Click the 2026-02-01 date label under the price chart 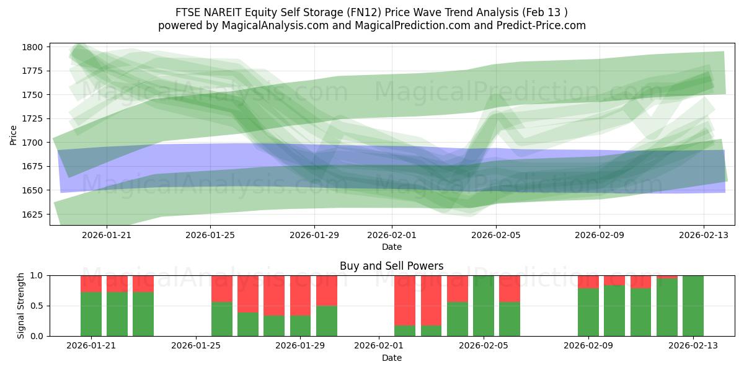coord(392,236)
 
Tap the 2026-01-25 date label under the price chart coord(210,236)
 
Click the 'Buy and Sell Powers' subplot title coord(391,266)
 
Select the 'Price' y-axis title coord(14,134)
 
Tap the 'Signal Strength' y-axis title coord(21,305)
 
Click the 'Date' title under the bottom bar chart coord(391,358)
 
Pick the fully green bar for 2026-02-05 coord(484,306)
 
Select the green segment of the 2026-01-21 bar coord(91,314)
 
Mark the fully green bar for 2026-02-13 coord(693,306)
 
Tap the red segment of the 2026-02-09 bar coord(588,281)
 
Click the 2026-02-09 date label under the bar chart coord(587,345)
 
